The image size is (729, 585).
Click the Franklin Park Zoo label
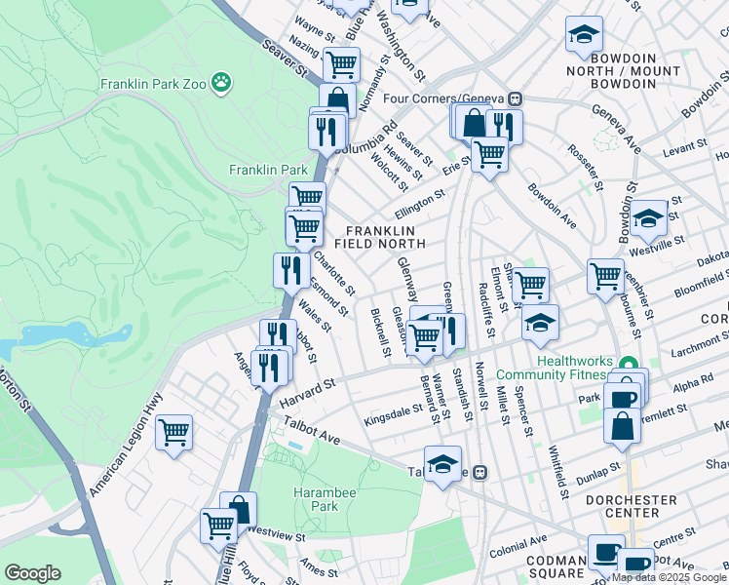click(153, 84)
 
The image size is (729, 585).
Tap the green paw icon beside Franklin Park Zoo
click(223, 83)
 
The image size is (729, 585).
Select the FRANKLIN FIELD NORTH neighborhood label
click(380, 236)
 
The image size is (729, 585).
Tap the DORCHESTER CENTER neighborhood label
click(631, 507)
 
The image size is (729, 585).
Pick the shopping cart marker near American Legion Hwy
click(173, 432)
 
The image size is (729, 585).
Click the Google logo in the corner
click(33, 573)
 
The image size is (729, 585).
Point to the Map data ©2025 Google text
click(669, 577)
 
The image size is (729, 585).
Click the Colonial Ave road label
click(517, 547)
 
